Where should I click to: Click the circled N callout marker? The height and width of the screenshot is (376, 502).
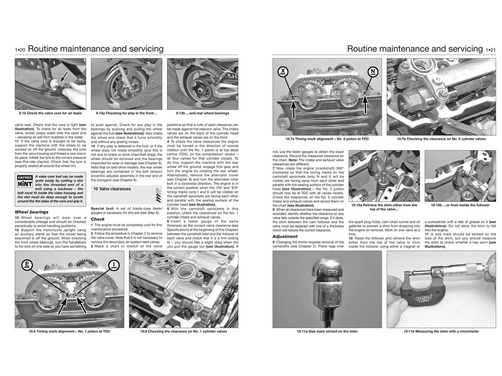(x=373, y=72)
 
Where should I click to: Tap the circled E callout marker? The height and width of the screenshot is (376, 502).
(x=28, y=265)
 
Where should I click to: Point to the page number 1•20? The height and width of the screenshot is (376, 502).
(x=20, y=50)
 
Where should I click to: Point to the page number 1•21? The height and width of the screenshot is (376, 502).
(x=490, y=50)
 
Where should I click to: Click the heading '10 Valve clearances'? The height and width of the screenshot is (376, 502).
(x=112, y=189)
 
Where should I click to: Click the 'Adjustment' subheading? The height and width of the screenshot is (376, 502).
(x=285, y=236)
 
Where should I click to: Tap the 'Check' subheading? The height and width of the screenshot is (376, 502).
(x=98, y=219)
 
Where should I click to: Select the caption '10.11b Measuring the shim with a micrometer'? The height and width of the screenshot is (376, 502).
(x=441, y=331)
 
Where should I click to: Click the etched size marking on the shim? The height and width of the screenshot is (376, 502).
(x=329, y=272)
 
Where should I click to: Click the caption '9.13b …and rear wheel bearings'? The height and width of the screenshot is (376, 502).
(x=202, y=113)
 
